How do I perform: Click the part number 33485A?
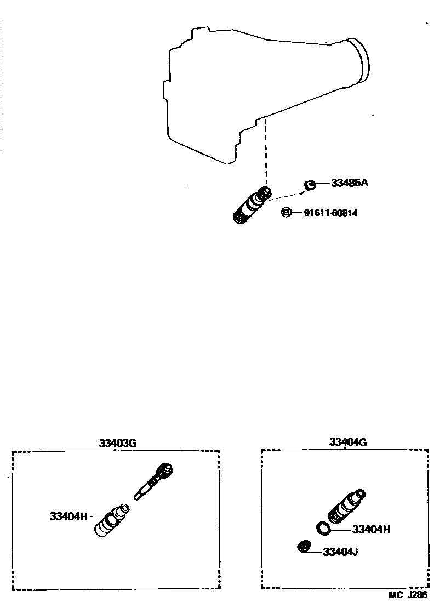[x=349, y=183]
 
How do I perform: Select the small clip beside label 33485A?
[x=310, y=185]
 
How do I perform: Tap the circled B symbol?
[x=286, y=212]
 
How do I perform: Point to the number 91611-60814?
[x=330, y=213]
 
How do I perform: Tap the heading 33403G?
[x=117, y=443]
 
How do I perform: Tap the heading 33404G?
[x=347, y=442]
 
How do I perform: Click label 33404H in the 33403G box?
[x=68, y=516]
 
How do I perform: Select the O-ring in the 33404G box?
[x=324, y=528]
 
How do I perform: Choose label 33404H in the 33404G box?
[x=371, y=530]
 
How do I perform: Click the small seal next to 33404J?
[x=304, y=547]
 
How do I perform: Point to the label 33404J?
[x=340, y=552]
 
